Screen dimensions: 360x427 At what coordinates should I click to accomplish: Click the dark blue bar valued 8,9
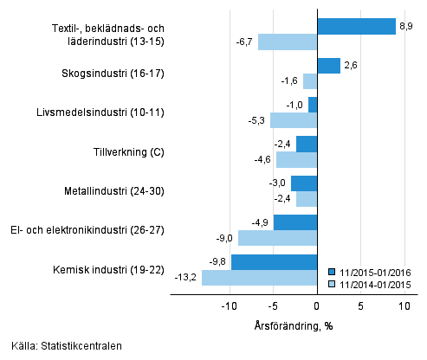356,26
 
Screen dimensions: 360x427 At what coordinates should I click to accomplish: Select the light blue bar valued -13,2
259,278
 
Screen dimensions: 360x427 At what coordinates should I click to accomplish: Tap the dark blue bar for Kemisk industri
274,262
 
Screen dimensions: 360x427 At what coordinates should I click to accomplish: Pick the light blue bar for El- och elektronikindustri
277,238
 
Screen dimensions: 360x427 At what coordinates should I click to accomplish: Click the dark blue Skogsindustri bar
328,66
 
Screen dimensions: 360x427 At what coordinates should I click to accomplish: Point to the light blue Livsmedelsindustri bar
294,120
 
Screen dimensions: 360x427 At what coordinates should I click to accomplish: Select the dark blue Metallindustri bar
304,183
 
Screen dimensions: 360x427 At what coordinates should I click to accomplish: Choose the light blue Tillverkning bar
297,159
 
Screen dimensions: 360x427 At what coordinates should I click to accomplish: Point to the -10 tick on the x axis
229,306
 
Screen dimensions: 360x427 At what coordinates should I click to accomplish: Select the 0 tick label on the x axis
317,306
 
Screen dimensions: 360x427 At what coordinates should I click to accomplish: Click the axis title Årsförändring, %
294,325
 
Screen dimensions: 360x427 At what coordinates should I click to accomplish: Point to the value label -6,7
243,42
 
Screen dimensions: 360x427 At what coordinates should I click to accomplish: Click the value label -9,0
223,238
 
